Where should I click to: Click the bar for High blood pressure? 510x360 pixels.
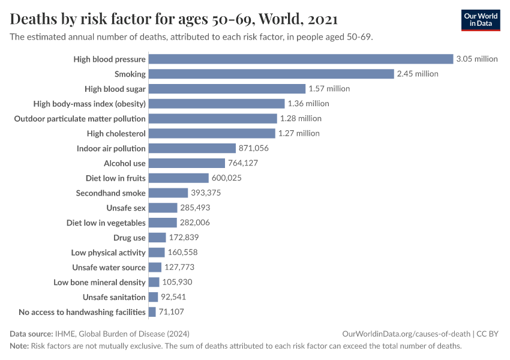click(x=300, y=59)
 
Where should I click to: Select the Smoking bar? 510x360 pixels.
click(x=271, y=74)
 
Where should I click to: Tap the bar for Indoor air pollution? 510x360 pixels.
click(x=192, y=148)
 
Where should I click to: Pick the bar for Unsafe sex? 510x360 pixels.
click(x=163, y=208)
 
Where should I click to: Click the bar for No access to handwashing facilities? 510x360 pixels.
click(x=152, y=312)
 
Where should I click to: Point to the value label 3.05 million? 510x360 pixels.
click(x=477, y=59)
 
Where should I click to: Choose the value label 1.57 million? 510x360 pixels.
click(x=328, y=89)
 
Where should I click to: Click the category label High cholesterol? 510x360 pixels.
click(x=116, y=133)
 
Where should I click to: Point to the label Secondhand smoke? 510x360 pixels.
click(x=110, y=193)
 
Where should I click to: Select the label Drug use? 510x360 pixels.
click(x=129, y=238)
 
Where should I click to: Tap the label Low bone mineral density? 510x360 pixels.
click(x=100, y=282)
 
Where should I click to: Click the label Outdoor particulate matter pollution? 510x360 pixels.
click(x=80, y=118)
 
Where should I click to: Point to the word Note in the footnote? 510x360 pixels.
click(x=19, y=346)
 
